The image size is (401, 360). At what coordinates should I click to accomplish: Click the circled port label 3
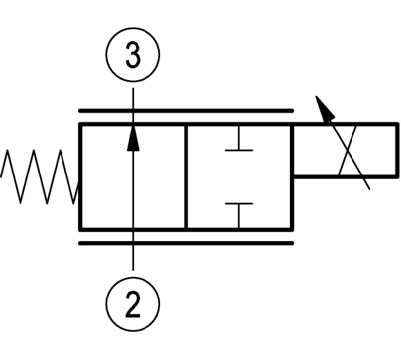pos(133,55)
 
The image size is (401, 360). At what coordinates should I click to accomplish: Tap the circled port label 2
pos(133,304)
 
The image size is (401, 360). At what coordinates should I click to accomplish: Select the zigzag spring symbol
pos(39,177)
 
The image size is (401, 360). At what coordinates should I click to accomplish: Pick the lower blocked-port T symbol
pos(239,215)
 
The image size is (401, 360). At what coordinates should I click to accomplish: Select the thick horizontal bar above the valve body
pos(186,111)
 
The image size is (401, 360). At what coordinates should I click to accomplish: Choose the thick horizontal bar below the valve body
pos(186,243)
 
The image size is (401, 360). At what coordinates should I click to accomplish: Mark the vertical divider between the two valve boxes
pos(186,177)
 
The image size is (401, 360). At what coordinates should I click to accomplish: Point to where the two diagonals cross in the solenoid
pos(347,150)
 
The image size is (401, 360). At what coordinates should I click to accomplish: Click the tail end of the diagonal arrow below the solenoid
pos(369,189)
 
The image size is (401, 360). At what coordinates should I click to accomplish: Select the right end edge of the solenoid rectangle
pos(398,150)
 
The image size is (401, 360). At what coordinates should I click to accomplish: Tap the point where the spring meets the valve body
pos(78,183)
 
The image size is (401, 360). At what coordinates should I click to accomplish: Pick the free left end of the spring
pos(1,177)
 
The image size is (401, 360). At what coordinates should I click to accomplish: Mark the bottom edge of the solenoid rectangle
pos(345,176)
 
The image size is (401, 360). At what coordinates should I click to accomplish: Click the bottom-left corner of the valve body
pos(80,229)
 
